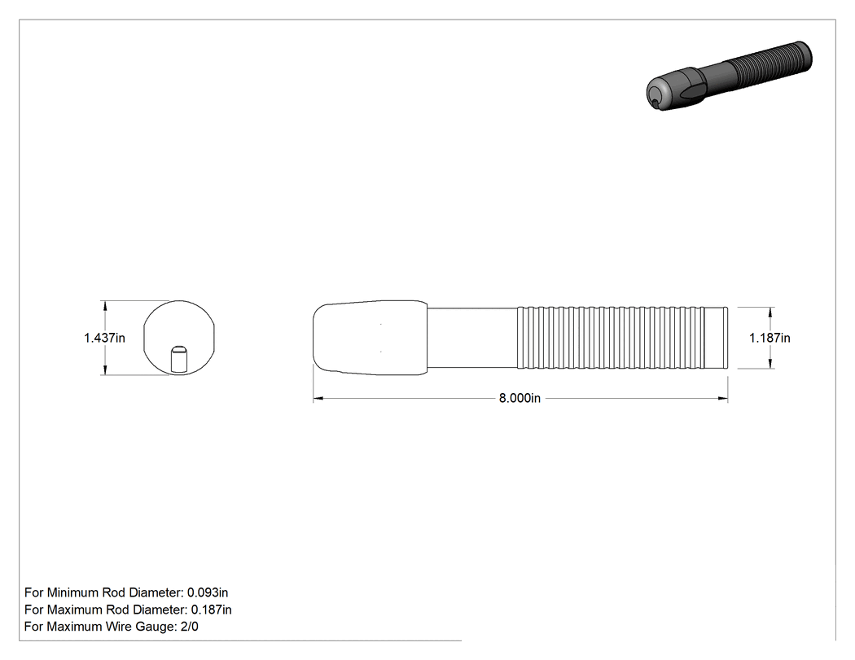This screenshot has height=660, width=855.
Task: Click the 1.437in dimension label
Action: tap(104, 338)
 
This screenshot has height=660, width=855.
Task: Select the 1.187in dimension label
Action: tap(769, 338)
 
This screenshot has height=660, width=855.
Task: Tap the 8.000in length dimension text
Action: tap(520, 399)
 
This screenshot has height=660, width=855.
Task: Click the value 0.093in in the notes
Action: tap(208, 592)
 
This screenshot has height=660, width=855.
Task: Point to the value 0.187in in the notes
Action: tap(211, 610)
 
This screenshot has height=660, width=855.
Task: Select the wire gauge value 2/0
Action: tap(189, 626)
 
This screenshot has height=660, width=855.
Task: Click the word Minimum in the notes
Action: tap(73, 592)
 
